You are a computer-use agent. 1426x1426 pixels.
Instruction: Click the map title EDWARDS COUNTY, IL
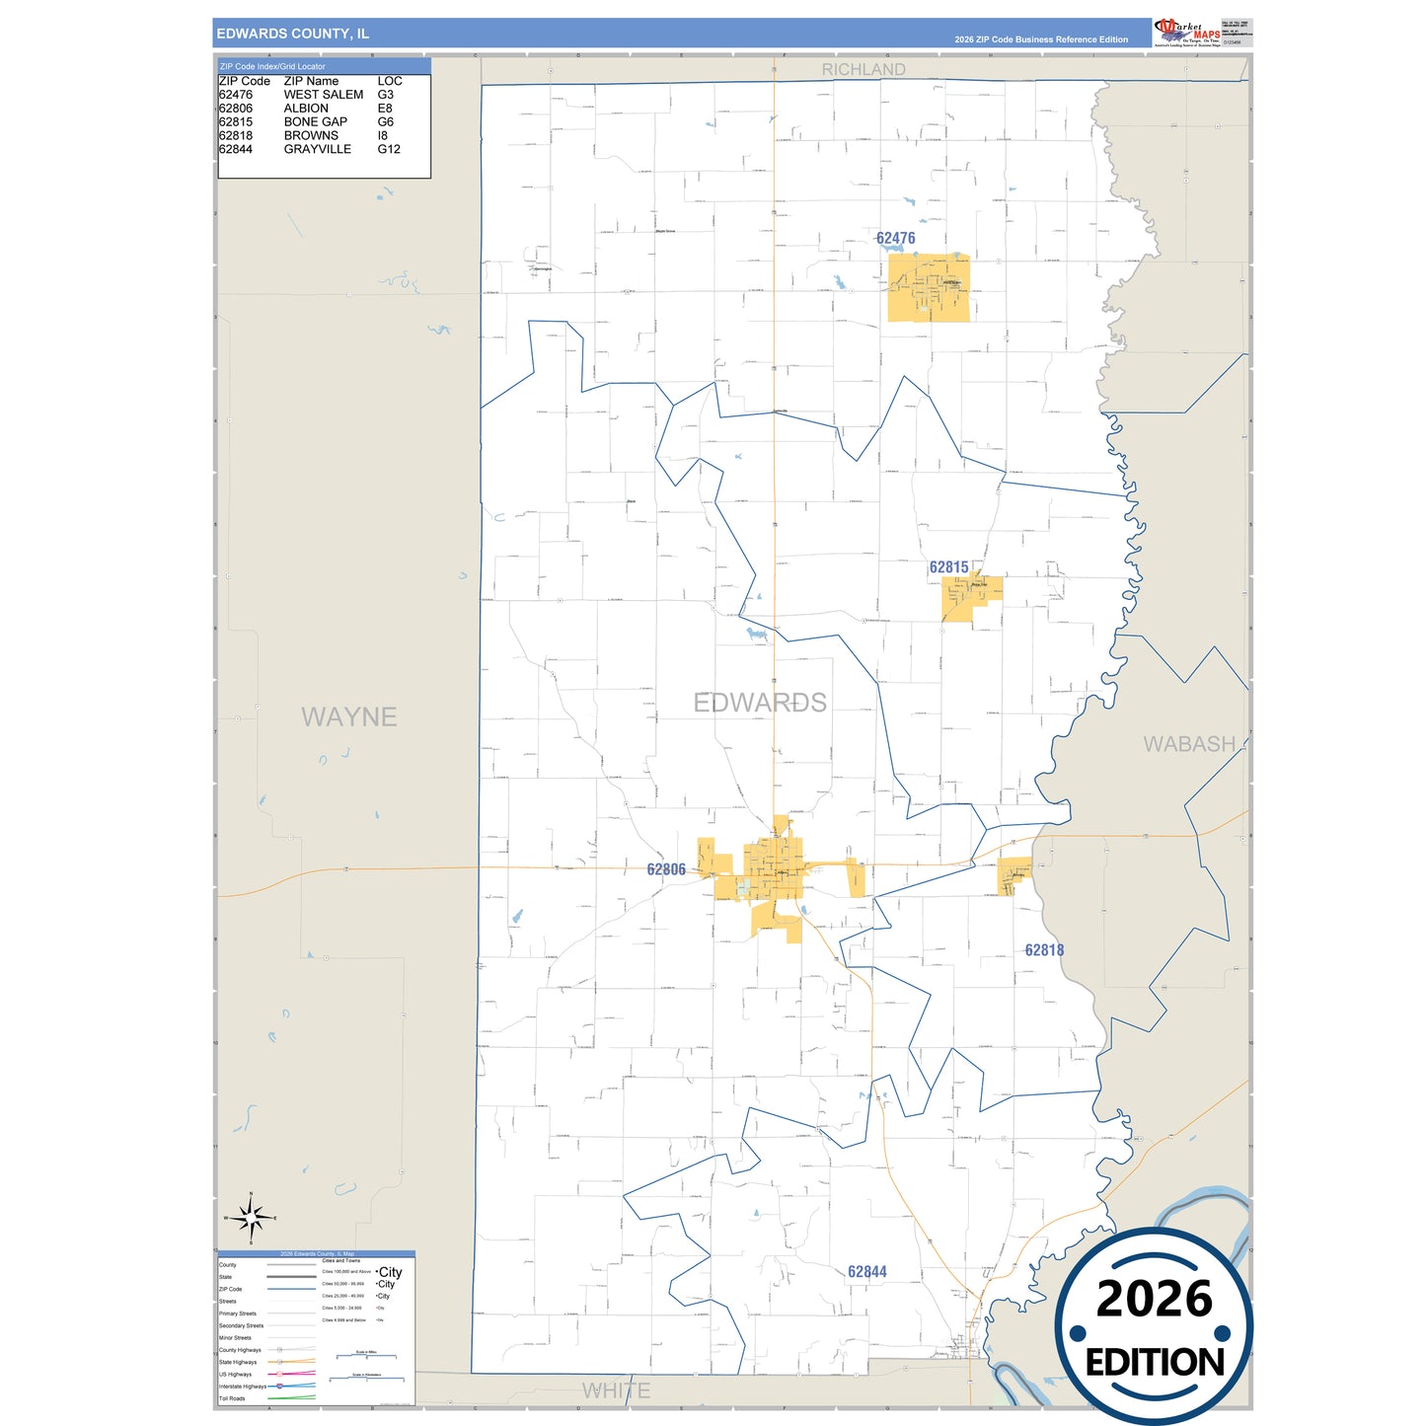tap(292, 34)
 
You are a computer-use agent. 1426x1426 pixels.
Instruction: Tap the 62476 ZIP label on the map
tap(895, 238)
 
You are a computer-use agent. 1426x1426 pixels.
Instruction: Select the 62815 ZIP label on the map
tap(948, 567)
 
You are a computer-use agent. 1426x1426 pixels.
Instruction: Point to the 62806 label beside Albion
tap(666, 869)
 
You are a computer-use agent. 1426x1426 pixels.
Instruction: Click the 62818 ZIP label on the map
tap(1044, 950)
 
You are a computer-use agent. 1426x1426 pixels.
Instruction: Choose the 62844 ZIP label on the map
tap(866, 1272)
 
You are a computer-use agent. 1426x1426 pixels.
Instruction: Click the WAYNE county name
tap(349, 716)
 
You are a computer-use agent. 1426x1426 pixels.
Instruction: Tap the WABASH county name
tap(1189, 744)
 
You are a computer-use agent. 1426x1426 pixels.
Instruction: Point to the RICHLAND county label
tap(863, 69)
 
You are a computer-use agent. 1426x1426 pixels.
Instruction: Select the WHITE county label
tap(616, 1390)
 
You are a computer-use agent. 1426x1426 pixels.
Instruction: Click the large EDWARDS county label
tap(760, 703)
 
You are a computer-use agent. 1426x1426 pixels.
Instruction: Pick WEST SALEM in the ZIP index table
tap(324, 95)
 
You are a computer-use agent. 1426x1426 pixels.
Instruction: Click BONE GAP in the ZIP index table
tap(316, 122)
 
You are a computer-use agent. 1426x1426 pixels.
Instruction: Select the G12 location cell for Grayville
tap(389, 149)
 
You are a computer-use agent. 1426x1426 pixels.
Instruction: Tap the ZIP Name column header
tap(311, 81)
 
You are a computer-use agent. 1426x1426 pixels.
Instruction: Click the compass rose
tap(251, 1219)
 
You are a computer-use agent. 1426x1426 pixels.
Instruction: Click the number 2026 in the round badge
tap(1154, 1299)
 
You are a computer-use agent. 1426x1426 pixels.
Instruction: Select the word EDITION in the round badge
tap(1155, 1363)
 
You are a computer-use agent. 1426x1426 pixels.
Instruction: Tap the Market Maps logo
tap(1187, 33)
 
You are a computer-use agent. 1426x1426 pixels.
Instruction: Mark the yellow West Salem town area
tap(929, 288)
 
